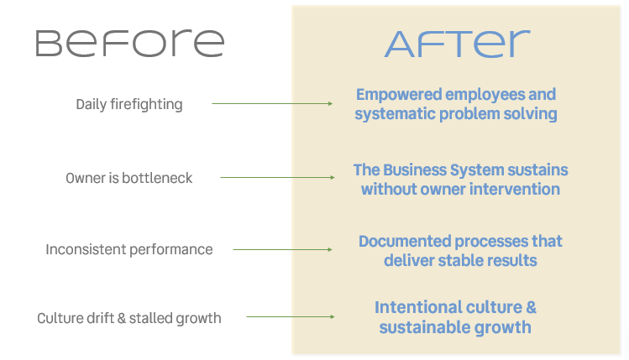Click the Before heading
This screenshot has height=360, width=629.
(x=129, y=44)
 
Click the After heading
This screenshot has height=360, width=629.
(x=458, y=44)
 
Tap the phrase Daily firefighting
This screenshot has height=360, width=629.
(x=129, y=104)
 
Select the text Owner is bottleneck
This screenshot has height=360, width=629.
(x=128, y=178)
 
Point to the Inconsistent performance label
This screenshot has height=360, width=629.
(x=128, y=249)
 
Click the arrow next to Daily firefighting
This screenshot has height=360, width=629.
(x=272, y=103)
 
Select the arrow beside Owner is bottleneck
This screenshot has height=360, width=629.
(x=277, y=177)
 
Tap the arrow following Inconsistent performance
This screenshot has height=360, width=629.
(x=282, y=249)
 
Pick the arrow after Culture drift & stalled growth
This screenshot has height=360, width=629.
(x=291, y=316)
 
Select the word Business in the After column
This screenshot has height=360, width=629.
(x=414, y=170)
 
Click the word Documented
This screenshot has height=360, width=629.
(x=405, y=242)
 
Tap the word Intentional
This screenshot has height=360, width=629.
(x=415, y=307)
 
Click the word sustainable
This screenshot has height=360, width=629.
(x=424, y=327)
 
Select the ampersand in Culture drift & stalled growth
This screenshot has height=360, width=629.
(x=122, y=318)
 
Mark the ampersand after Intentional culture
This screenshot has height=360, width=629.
(x=531, y=307)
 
